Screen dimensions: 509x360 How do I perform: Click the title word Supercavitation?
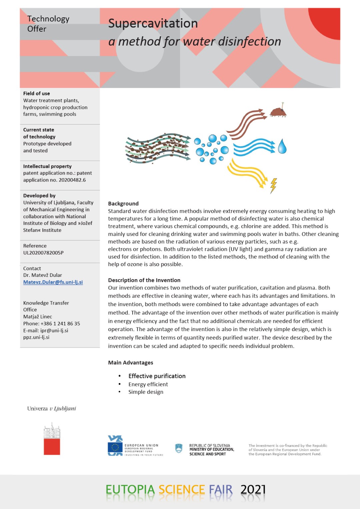point(153,24)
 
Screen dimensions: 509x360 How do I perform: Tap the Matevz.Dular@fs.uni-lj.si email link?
point(53,282)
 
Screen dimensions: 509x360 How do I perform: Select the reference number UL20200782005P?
point(43,253)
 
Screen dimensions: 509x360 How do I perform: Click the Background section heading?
point(123,204)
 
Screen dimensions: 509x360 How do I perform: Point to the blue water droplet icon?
point(282,147)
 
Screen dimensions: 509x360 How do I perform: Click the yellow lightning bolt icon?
point(273,186)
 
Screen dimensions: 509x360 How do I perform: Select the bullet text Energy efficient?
point(148,384)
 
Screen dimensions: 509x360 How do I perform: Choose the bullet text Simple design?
point(146,392)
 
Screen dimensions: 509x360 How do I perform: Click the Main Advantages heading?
point(131,363)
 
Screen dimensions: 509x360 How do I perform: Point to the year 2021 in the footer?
point(253,489)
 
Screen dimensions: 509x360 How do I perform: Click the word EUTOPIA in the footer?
point(130,490)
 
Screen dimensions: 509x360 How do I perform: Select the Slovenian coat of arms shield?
point(179,448)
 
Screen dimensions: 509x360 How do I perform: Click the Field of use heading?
point(37,94)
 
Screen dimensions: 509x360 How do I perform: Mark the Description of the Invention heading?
point(144,280)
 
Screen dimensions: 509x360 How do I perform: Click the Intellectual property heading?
point(47,166)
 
